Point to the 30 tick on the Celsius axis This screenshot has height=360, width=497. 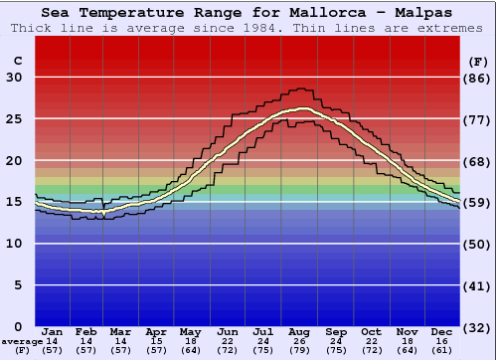(15, 79)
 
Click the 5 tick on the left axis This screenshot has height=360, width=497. (19, 285)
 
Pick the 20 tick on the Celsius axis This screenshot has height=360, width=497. (15, 161)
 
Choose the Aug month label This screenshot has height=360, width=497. (300, 331)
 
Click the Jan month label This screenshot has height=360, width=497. (53, 331)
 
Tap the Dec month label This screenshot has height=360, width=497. (442, 331)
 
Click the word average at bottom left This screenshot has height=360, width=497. (22, 341)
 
